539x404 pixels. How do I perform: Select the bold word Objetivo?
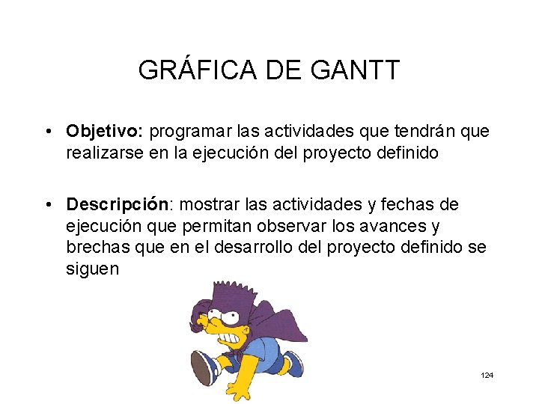105,132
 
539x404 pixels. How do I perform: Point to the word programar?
192,132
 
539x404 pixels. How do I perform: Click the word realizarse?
101,153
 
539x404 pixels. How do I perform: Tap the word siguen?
92,269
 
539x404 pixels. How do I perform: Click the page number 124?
487,375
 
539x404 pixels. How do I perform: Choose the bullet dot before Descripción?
46,205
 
